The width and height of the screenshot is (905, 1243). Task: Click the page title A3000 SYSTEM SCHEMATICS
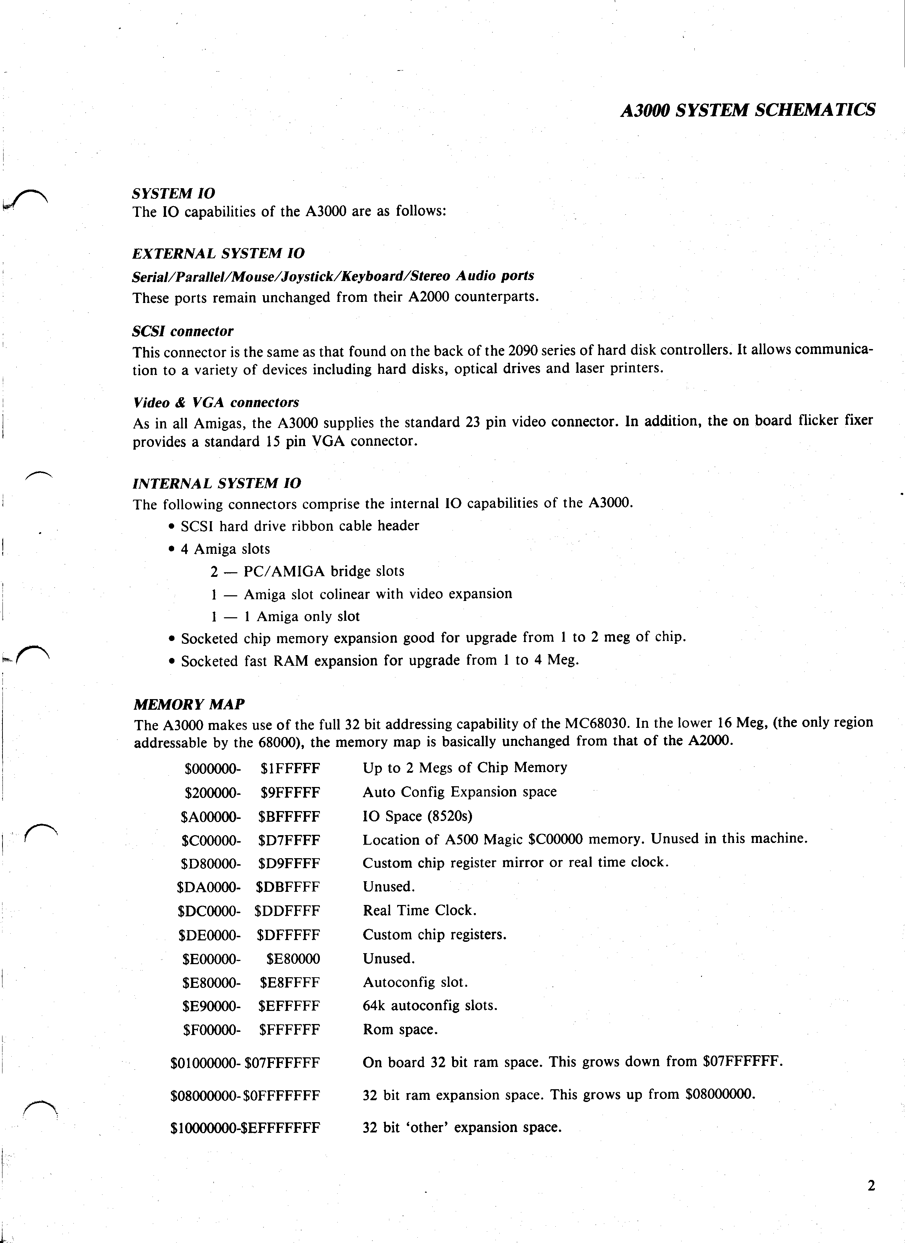(x=748, y=110)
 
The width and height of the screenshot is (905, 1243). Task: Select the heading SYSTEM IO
(x=173, y=193)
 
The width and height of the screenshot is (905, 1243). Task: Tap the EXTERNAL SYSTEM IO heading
(x=218, y=254)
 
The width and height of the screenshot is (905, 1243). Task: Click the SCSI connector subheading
(x=183, y=331)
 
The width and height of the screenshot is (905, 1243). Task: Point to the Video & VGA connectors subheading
(x=216, y=403)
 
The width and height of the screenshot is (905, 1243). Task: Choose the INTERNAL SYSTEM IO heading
(x=217, y=483)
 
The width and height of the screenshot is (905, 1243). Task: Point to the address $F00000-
(x=212, y=1030)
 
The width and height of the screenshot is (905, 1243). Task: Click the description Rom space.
(x=400, y=1030)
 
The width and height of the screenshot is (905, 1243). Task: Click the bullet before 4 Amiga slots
(x=172, y=550)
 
